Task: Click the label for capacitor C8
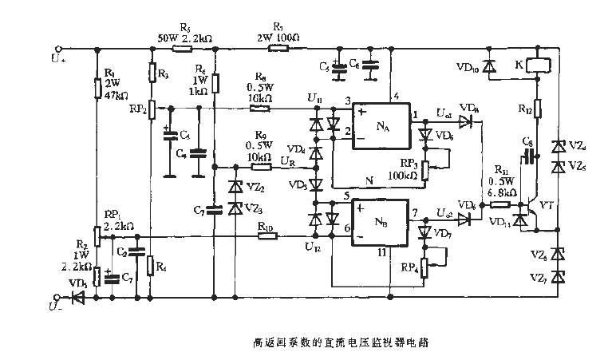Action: [527, 142]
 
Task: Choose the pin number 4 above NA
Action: [397, 97]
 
